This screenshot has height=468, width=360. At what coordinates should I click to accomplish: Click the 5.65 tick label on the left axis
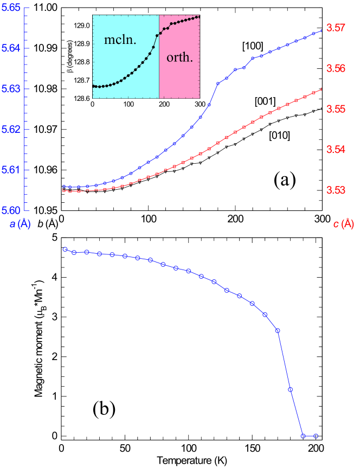[x=11, y=8]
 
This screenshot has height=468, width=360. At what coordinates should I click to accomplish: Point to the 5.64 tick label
[x=11, y=48]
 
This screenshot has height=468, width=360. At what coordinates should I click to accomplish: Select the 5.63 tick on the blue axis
[x=11, y=89]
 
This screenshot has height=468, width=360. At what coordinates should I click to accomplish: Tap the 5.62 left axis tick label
[x=11, y=130]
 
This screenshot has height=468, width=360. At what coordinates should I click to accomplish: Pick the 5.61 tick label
[x=11, y=170]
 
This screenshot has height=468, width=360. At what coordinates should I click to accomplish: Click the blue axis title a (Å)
[x=20, y=224]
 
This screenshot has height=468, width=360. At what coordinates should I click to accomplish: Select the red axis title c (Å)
[x=343, y=224]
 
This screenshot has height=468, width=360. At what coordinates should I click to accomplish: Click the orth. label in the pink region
[x=179, y=57]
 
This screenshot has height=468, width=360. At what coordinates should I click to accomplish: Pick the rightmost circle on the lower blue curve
[x=316, y=436]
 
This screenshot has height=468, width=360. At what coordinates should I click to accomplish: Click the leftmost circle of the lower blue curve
[x=65, y=249]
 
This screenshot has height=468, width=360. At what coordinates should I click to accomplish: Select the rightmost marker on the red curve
[x=322, y=89]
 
